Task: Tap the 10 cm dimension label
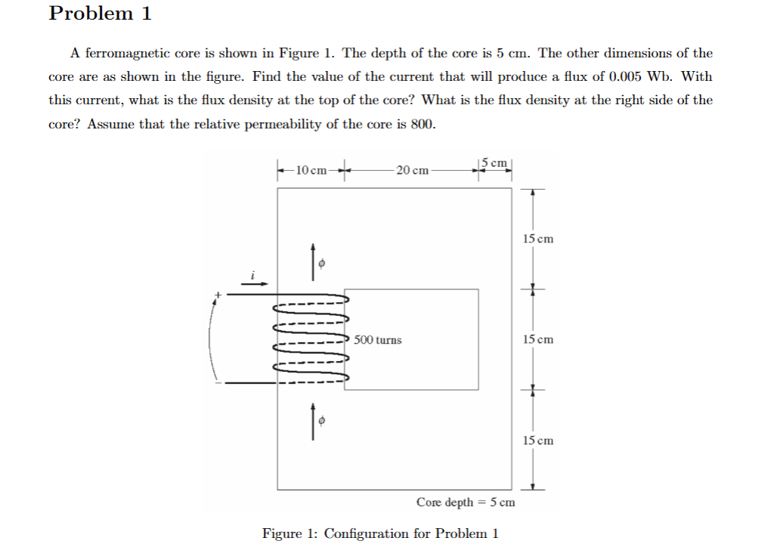[311, 169]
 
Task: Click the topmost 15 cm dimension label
[537, 239]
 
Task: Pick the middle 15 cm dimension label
[537, 339]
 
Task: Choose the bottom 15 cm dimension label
[537, 440]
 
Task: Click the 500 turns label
[378, 340]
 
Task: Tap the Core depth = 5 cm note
[466, 502]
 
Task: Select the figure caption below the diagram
[380, 533]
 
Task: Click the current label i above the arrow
[254, 274]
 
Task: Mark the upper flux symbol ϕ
[322, 264]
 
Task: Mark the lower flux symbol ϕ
[322, 421]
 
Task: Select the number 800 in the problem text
[422, 124]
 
